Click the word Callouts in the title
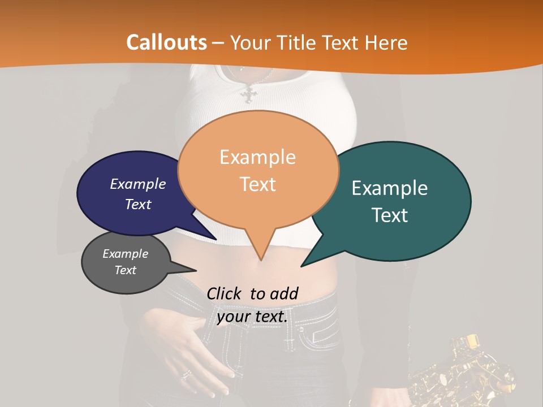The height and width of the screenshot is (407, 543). [x=166, y=42]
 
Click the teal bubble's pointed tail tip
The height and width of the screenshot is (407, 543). [x=303, y=265]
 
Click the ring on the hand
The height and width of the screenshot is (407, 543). [x=186, y=374]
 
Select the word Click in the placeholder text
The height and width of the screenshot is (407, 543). [x=225, y=293]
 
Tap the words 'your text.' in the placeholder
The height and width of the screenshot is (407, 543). [x=252, y=317]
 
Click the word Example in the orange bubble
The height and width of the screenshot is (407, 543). [x=257, y=157]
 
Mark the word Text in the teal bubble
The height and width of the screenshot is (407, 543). [x=390, y=215]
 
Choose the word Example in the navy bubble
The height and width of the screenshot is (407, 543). [x=138, y=184]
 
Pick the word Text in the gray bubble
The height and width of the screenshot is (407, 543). [x=126, y=270]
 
